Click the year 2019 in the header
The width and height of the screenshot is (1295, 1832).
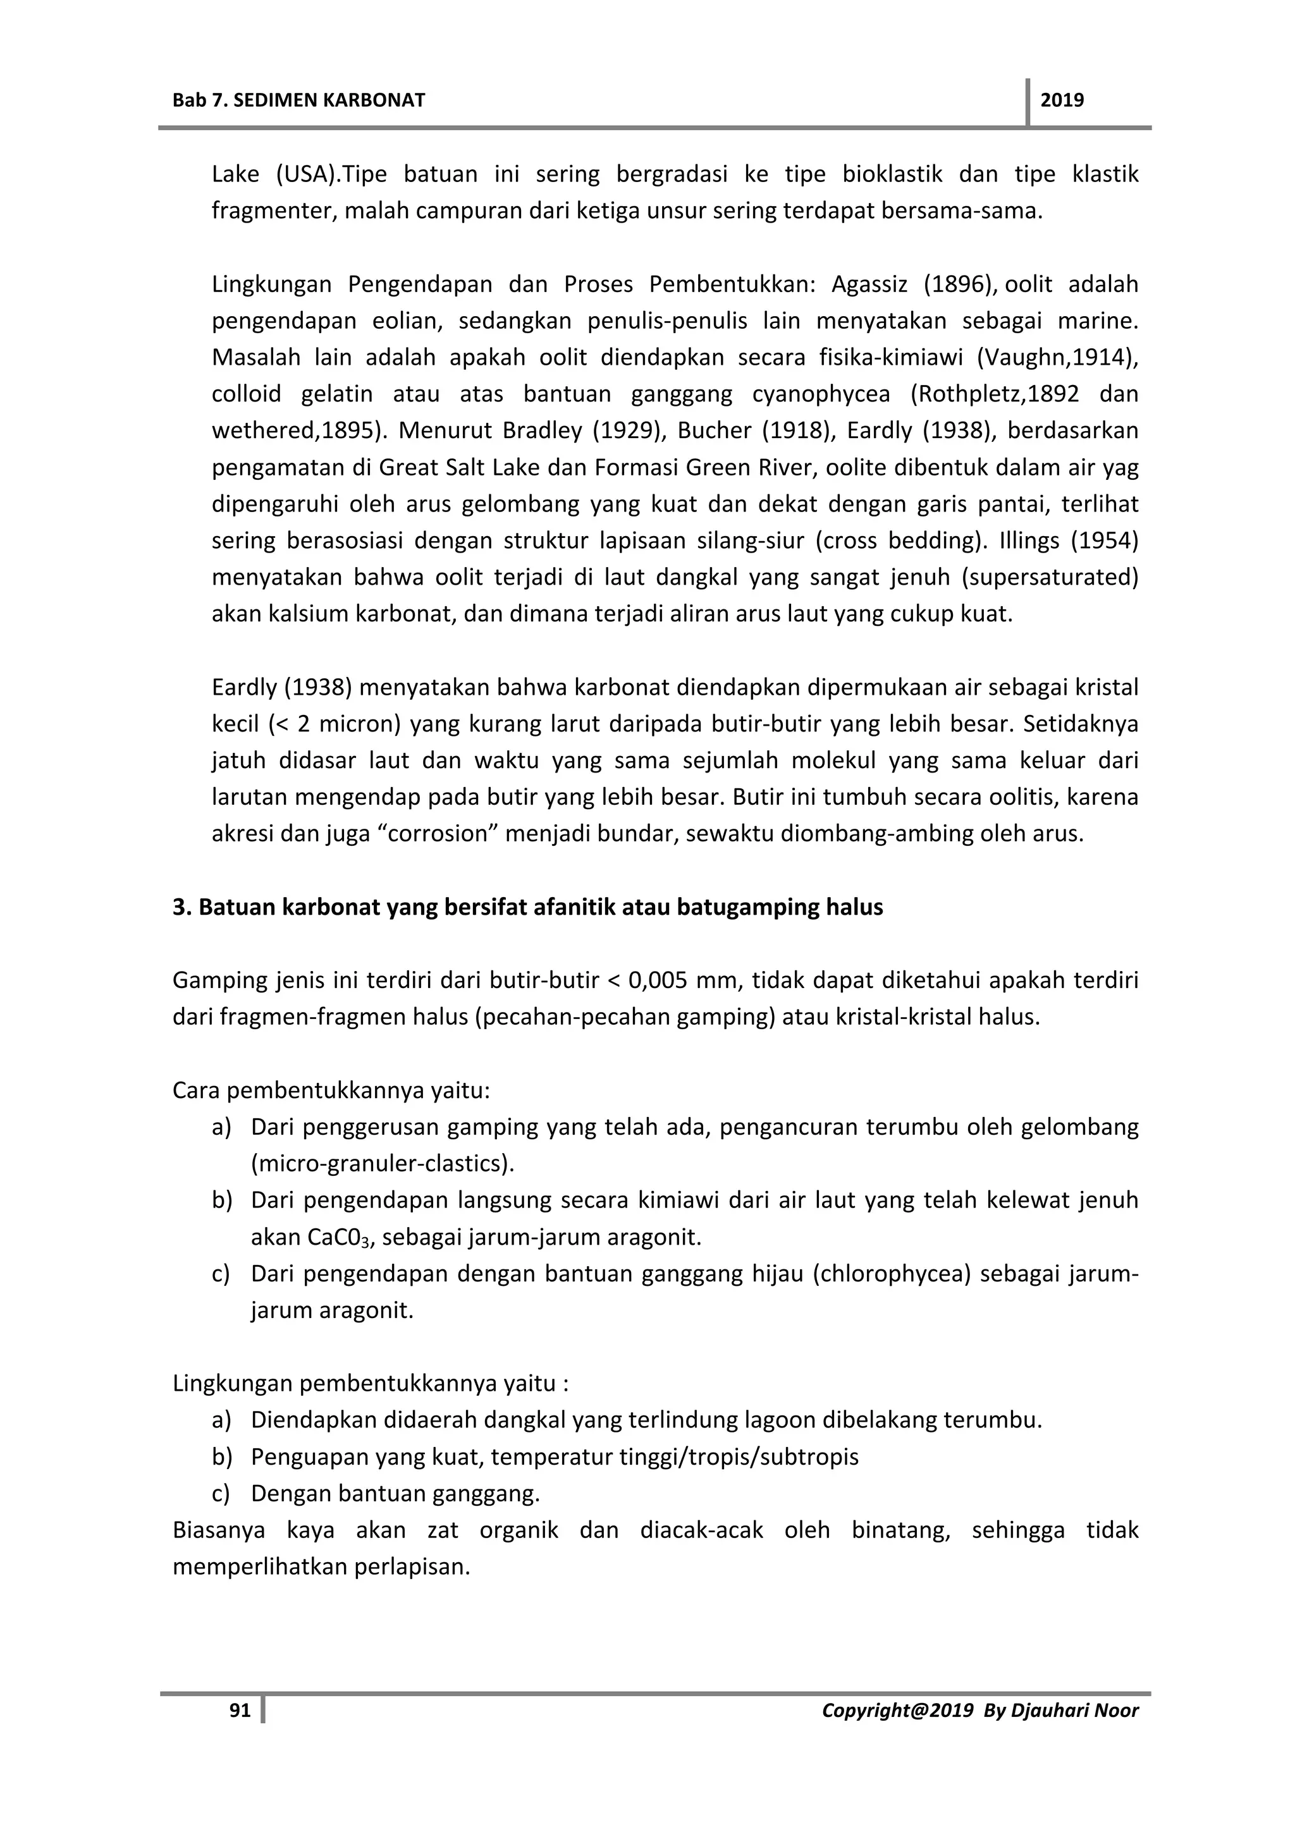tap(1062, 100)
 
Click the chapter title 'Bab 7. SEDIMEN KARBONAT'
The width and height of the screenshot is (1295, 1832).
tap(298, 100)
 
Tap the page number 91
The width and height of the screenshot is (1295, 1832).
tap(240, 1710)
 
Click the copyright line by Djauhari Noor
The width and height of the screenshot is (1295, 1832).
tap(980, 1710)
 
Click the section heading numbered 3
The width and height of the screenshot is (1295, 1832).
tap(527, 907)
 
